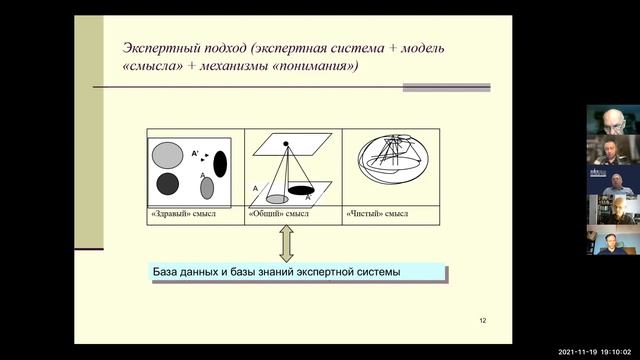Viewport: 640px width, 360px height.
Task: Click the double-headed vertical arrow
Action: click(x=285, y=243)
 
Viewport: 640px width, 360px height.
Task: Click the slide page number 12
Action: click(x=482, y=320)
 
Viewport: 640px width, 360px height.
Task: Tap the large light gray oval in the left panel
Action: click(x=166, y=153)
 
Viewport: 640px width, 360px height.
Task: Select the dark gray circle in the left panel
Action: click(x=167, y=183)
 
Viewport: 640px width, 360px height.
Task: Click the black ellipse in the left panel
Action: click(x=220, y=163)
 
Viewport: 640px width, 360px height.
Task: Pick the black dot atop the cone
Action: click(x=286, y=144)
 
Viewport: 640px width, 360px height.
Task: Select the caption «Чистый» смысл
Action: click(x=377, y=214)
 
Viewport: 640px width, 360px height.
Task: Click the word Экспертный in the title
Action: click(x=159, y=48)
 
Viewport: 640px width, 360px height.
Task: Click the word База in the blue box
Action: click(x=168, y=272)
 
